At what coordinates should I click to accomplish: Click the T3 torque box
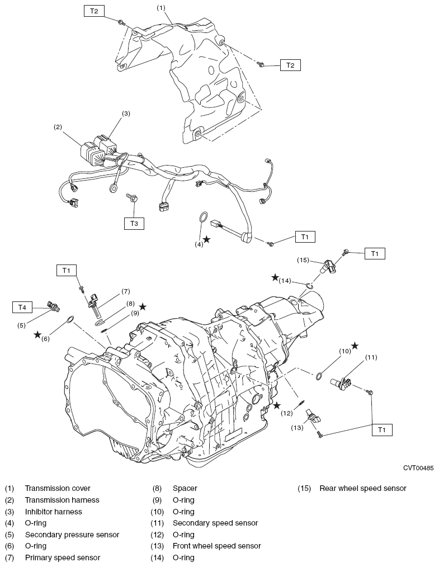click(x=134, y=223)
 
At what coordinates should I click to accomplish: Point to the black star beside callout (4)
click(x=206, y=239)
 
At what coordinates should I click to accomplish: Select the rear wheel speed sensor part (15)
click(x=327, y=266)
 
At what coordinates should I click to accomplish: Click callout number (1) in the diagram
click(x=162, y=8)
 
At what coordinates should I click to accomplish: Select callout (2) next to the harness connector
click(x=58, y=127)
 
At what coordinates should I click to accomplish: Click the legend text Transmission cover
click(x=58, y=488)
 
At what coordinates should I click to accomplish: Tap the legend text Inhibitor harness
click(x=53, y=512)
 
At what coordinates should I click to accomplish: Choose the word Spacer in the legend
click(x=185, y=488)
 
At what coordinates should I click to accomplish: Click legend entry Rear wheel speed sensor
click(x=363, y=488)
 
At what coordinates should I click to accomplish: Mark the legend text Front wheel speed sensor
click(x=216, y=546)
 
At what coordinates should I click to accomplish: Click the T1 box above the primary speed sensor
click(x=67, y=270)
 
